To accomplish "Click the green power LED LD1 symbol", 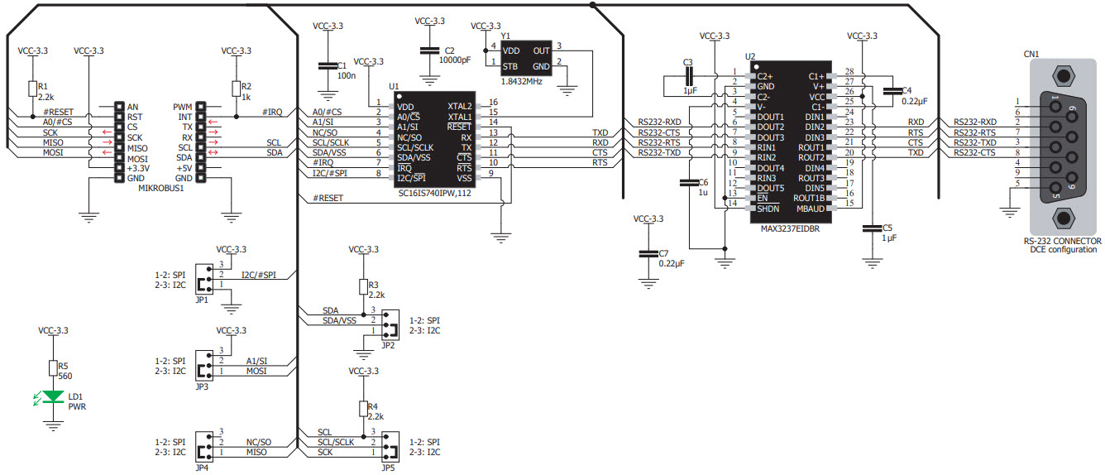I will [54, 396].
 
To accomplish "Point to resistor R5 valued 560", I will [54, 368].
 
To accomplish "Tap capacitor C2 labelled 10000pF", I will [428, 51].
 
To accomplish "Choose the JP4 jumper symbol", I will [202, 443].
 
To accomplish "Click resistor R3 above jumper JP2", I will [362, 286].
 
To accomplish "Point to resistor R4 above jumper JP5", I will [362, 408].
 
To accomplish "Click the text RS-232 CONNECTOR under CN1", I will [1064, 241].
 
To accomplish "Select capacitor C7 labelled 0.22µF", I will [647, 253].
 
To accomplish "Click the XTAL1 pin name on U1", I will [459, 117].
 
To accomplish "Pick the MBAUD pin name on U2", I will [810, 209].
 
